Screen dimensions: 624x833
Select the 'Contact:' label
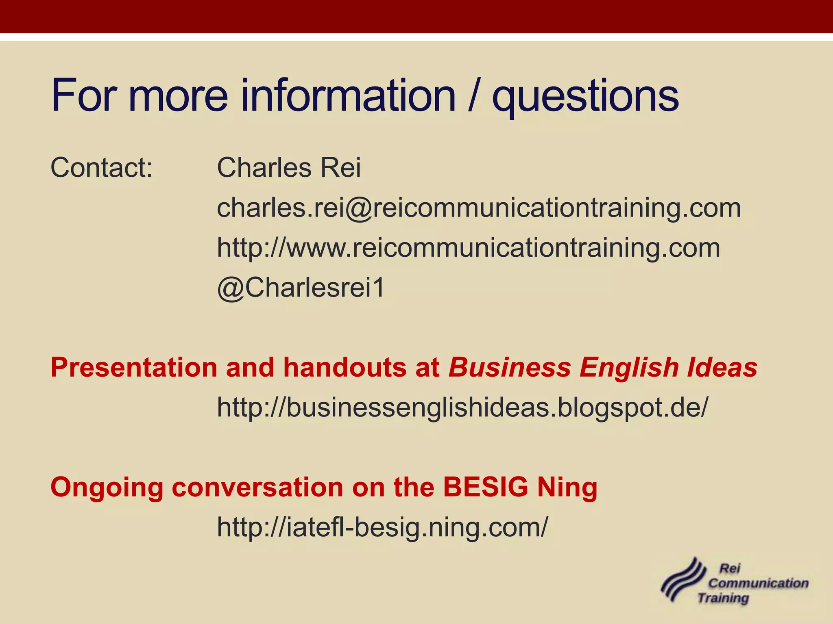coord(102,167)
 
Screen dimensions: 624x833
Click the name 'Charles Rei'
coord(289,167)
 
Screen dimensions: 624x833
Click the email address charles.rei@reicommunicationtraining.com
coord(479,208)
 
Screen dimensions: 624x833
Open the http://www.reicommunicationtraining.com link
coord(468,248)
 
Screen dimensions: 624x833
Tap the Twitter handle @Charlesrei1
coord(301,288)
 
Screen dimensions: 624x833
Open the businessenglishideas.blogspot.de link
coord(462,407)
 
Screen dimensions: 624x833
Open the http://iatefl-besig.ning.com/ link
coord(382,527)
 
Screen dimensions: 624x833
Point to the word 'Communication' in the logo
coord(758,583)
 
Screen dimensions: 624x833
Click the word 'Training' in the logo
coord(723,598)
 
